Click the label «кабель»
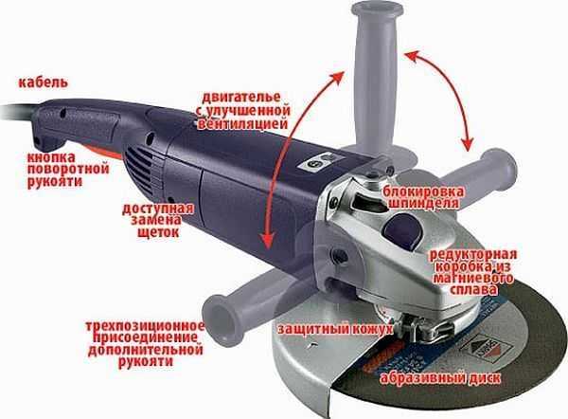coord(44,82)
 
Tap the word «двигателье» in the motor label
coord(241,98)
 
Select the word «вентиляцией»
coord(242,123)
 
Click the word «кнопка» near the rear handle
coord(51,157)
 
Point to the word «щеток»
coord(158,232)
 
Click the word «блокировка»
coord(423,191)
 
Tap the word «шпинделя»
coord(423,203)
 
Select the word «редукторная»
coord(473,254)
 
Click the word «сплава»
coord(473,291)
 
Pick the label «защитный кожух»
coord(335,329)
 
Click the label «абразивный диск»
coord(440,378)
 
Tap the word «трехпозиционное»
coord(145,326)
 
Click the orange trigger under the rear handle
coord(105,152)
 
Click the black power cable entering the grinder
coord(17,111)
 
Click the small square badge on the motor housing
coord(322,162)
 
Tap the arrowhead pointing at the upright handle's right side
coord(413,57)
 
